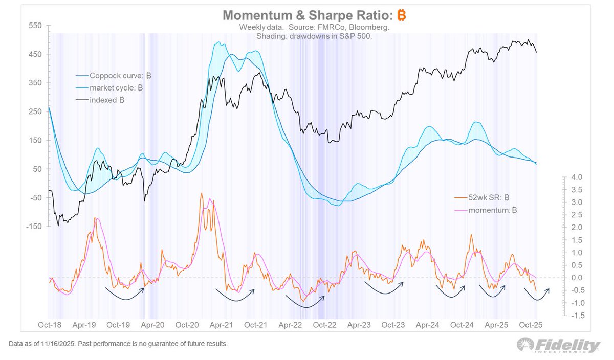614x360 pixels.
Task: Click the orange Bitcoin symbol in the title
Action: pyautogui.click(x=401, y=16)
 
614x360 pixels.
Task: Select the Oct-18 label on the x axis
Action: pyautogui.click(x=50, y=325)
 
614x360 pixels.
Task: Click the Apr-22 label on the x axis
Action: pyautogui.click(x=290, y=325)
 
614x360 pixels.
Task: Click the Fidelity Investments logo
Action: pyautogui.click(x=557, y=345)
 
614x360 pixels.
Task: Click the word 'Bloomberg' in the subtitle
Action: pyautogui.click(x=370, y=27)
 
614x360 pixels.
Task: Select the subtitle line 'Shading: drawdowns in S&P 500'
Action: pyautogui.click(x=314, y=36)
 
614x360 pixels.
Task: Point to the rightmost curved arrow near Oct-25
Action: pyautogui.click(x=536, y=295)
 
